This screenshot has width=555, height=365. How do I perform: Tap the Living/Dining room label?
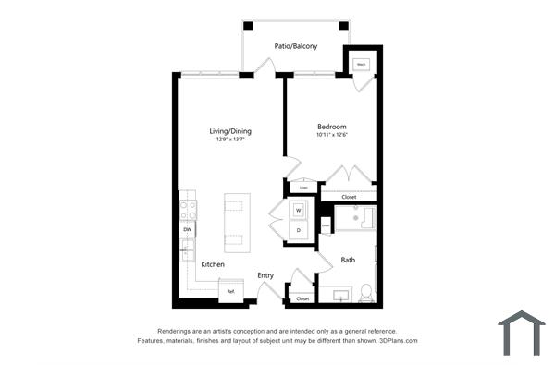(x=230, y=131)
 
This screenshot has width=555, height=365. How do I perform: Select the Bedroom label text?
(x=331, y=127)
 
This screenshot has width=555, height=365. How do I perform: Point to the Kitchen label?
(x=213, y=264)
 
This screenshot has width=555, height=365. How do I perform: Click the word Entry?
(x=265, y=274)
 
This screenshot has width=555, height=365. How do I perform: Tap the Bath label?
(x=348, y=260)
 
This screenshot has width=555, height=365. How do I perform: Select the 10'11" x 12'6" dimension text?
(x=332, y=136)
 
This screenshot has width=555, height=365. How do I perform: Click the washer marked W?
(x=299, y=211)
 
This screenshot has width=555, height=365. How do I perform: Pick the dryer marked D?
(x=299, y=229)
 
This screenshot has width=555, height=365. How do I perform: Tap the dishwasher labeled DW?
(x=187, y=229)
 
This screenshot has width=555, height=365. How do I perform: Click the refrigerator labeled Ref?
(x=231, y=292)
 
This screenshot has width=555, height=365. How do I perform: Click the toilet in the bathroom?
(x=365, y=292)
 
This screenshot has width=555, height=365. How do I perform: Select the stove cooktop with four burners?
(x=188, y=209)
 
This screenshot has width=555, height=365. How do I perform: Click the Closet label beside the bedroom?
(x=349, y=196)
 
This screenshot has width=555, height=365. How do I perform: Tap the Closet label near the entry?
(x=302, y=298)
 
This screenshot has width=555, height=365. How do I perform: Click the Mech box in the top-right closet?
(x=361, y=65)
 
